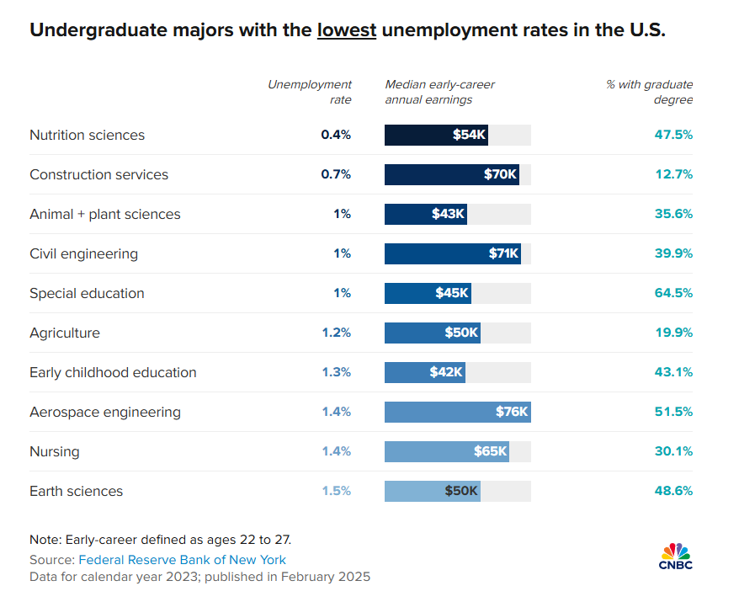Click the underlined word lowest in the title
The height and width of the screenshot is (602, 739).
(x=346, y=31)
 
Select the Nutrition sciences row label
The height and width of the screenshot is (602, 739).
(x=87, y=135)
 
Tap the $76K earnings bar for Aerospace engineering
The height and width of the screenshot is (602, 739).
(x=457, y=412)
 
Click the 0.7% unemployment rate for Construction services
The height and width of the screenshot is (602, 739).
(x=335, y=174)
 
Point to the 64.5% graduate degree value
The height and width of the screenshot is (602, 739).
(x=673, y=293)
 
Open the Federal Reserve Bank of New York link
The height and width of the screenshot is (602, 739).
(x=182, y=560)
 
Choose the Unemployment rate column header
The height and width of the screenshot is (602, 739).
(x=310, y=92)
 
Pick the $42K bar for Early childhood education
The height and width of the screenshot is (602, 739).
(x=424, y=372)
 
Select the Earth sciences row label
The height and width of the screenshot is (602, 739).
(x=76, y=491)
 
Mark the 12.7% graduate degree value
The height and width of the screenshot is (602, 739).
(x=673, y=174)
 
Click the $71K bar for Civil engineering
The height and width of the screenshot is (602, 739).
(x=452, y=253)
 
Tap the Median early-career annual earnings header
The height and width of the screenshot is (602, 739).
(x=439, y=92)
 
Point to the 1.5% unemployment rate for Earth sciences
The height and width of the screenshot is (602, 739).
(x=336, y=491)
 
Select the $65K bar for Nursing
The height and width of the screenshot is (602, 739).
(x=447, y=451)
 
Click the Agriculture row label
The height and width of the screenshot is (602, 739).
(x=65, y=333)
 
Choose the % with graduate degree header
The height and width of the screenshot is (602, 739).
(x=650, y=92)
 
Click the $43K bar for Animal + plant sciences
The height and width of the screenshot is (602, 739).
(x=425, y=214)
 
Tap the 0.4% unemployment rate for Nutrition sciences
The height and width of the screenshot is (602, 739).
(x=335, y=135)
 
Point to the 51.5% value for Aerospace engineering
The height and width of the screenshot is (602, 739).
(x=673, y=412)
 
